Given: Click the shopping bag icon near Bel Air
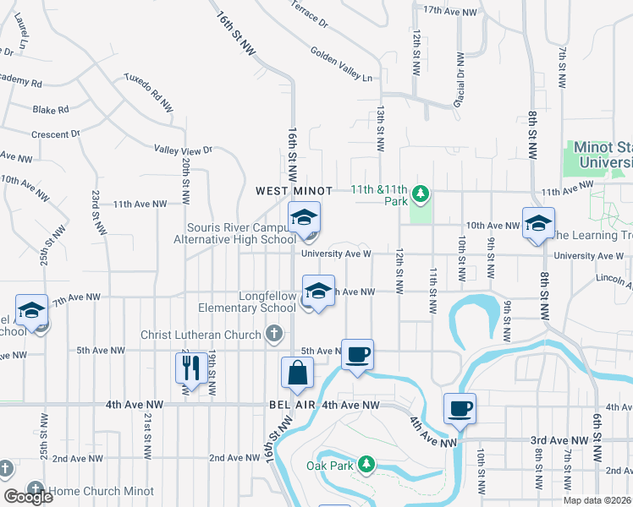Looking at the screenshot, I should point(298,373).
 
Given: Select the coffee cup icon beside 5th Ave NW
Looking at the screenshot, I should point(357,353).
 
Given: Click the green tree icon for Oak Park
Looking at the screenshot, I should point(366,464).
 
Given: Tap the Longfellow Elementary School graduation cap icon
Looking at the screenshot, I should point(317,292).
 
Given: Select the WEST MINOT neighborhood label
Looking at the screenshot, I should point(294,192).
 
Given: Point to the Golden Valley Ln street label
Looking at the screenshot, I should point(341,64).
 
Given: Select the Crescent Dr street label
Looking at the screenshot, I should point(55,134).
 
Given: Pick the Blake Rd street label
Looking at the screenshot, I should point(51,110).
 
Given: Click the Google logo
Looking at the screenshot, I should point(28,496).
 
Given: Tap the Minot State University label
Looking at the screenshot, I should point(603,154).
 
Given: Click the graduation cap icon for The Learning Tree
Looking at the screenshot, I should point(537,224).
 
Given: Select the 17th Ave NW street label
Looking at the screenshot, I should point(450,10).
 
